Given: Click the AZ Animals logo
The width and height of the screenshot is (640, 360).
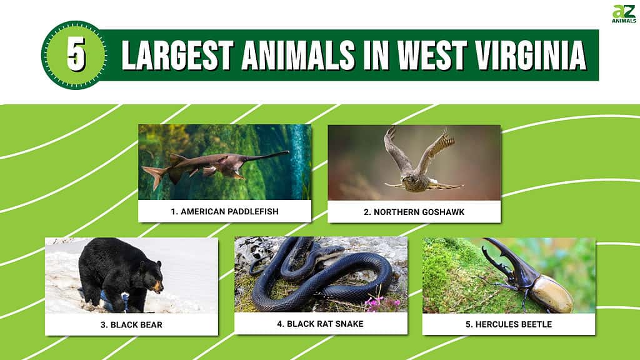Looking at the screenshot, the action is pos(624,14).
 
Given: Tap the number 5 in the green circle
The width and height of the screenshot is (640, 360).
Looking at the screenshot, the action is pos(76,54).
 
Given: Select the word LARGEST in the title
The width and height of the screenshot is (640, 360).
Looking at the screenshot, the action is pos(177,55).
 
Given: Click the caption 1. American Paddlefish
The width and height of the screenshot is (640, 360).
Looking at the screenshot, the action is pos(224,211).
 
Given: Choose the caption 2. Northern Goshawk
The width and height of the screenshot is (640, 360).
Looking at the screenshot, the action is pos(414,212).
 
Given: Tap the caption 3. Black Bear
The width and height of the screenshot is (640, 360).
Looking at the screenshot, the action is pos(131,325).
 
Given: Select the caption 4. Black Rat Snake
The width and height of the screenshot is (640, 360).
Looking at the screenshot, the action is pos(320,324).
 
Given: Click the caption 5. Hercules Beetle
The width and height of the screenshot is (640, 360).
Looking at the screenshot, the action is pos(509,324).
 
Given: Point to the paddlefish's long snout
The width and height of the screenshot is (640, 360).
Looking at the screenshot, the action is pos(267,156).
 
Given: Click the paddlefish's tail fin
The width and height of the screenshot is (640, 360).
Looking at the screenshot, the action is pos(154,176).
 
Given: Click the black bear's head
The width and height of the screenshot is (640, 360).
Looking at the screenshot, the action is pos(152,277).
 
